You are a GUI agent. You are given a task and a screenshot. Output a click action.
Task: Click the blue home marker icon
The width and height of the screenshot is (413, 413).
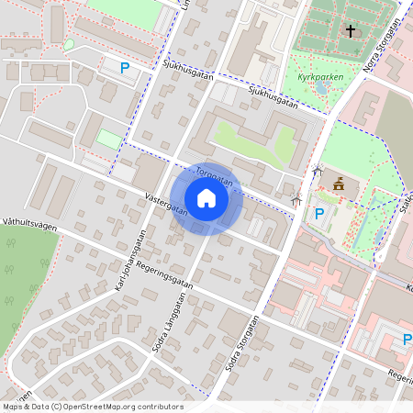tap(206, 197)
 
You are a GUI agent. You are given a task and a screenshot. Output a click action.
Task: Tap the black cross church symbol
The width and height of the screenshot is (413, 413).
tap(350, 31)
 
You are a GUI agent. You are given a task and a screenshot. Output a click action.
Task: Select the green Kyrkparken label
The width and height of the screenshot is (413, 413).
tap(321, 77)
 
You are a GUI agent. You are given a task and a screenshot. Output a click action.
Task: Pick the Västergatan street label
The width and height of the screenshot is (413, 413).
tap(165, 205)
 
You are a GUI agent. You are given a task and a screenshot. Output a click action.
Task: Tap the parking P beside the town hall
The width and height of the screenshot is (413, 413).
tap(319, 214)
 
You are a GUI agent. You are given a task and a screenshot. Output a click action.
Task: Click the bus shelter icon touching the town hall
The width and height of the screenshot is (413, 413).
tap(318, 171)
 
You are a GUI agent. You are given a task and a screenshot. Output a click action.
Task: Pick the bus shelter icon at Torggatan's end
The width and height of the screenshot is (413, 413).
tap(296, 199)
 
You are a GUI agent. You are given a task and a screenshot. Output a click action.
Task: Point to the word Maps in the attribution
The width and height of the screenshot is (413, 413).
tap(14, 407)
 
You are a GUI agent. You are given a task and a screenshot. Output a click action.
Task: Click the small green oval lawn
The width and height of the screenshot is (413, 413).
tap(69, 44)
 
